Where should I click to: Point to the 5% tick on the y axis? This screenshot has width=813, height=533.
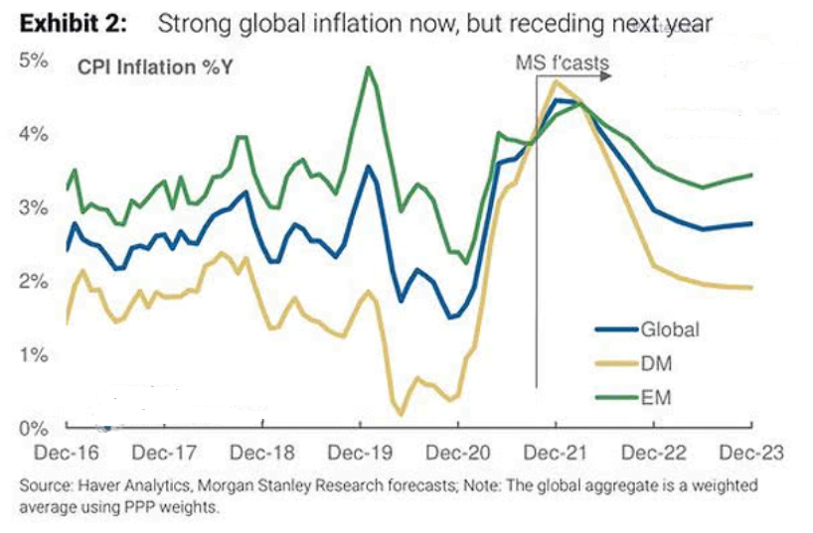(x=33, y=60)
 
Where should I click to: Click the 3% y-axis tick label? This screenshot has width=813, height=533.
(x=33, y=208)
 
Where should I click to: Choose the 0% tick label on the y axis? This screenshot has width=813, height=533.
(x=33, y=429)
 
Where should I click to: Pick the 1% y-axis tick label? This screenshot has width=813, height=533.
(x=33, y=355)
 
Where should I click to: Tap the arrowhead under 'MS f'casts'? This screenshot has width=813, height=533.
(x=604, y=74)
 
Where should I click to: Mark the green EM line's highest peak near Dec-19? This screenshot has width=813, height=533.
(x=369, y=67)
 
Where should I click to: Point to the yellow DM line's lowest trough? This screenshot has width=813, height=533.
(x=401, y=414)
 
